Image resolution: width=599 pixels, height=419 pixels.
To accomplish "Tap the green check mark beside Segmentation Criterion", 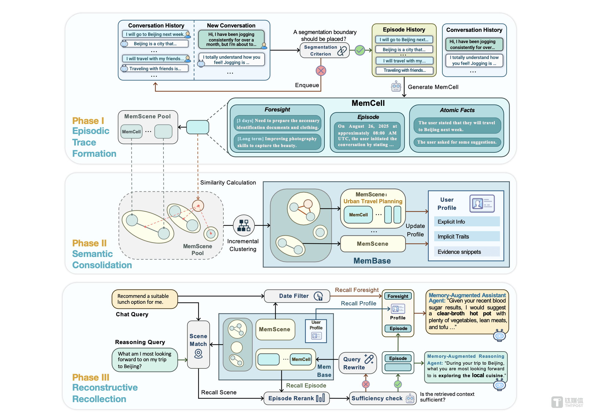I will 360,50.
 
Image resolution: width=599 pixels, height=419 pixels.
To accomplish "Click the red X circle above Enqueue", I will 321,71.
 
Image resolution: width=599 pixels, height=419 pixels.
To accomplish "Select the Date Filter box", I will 297,296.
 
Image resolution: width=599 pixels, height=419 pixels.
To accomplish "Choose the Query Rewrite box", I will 358,363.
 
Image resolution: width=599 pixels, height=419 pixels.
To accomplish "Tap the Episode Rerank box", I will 296,398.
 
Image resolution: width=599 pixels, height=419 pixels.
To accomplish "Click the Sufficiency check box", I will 382,398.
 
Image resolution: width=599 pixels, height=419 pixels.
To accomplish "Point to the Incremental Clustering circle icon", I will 244,225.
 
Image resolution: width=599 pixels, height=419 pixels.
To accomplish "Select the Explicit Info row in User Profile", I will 467,222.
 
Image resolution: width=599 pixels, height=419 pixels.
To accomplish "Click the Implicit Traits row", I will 467,237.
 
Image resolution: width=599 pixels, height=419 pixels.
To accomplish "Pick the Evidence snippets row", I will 467,252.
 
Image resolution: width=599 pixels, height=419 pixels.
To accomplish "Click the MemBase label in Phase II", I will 372,261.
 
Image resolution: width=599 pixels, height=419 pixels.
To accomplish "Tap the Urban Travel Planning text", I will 373,201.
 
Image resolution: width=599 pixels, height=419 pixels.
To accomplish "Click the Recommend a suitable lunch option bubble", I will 145,299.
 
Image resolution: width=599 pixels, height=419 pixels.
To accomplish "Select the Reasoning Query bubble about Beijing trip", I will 145,360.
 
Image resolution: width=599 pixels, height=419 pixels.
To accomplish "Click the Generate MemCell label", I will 433,87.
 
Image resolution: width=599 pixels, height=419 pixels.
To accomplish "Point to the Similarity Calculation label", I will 228,183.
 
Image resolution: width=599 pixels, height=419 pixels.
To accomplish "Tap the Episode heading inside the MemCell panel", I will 368,117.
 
